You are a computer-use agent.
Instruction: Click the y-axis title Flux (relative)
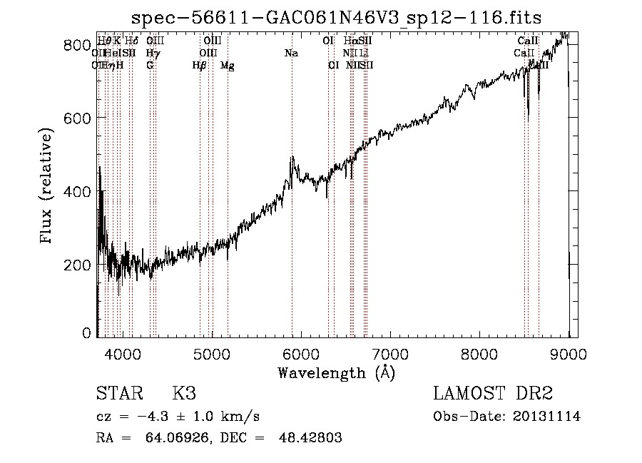pos(48,187)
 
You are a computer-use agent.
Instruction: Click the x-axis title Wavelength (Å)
pos(336,372)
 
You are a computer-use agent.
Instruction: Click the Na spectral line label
pos(291,54)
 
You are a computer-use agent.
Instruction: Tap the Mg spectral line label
pos(228,66)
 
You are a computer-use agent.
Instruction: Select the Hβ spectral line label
pos(200,66)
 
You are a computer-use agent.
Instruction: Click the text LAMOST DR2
pos(493,394)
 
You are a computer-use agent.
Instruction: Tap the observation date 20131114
pos(548,417)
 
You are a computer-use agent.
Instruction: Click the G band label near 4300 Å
pos(150,66)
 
